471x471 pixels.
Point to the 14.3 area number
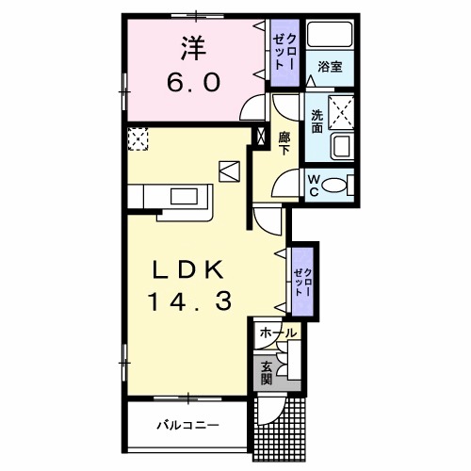[188, 302]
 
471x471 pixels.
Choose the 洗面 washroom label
[317, 122]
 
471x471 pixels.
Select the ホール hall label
[277, 333]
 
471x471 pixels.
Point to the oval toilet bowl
[334, 186]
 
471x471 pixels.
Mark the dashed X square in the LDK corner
[139, 139]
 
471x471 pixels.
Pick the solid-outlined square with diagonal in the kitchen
[229, 171]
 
